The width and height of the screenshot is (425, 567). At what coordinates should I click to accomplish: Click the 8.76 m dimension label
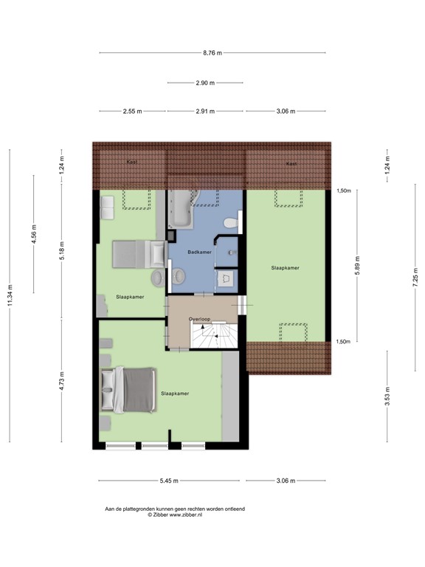click(212, 52)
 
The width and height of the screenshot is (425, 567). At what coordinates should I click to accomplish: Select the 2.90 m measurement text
click(206, 83)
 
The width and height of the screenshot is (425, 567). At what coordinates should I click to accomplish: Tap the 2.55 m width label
click(134, 111)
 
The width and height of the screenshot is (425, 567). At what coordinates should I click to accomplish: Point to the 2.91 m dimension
click(206, 111)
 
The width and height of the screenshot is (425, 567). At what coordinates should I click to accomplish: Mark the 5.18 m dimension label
click(62, 252)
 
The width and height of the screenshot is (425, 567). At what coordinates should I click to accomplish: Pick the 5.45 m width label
click(169, 481)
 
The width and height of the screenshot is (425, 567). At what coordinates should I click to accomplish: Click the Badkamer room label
click(199, 252)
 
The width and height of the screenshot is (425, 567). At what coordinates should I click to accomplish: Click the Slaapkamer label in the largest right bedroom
click(285, 268)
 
